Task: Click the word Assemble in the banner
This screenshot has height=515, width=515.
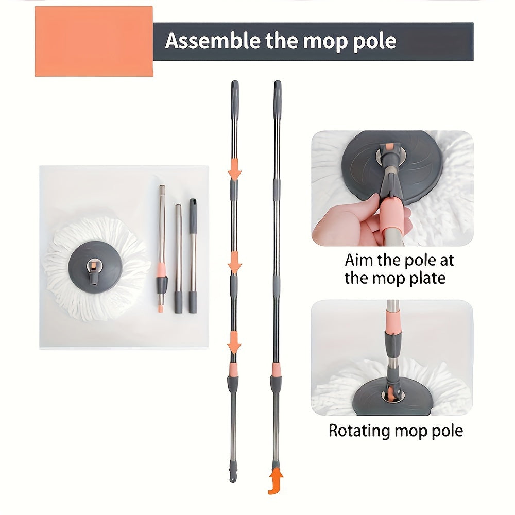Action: [x=213, y=41]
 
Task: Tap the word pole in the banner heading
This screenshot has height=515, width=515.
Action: [x=375, y=42]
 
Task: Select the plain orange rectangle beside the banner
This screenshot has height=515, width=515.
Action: [x=94, y=41]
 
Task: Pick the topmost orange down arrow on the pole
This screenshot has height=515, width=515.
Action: [x=234, y=169]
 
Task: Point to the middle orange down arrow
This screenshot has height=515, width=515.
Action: [x=234, y=263]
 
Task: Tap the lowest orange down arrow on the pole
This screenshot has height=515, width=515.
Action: [x=234, y=342]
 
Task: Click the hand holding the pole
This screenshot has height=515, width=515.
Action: [x=362, y=221]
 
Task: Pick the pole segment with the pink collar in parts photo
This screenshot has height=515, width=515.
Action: [x=162, y=249]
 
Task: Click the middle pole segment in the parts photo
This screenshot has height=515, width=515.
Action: [x=178, y=259]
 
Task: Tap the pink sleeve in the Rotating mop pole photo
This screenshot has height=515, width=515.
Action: [x=392, y=321]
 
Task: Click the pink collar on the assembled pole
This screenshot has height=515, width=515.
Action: [x=276, y=370]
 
